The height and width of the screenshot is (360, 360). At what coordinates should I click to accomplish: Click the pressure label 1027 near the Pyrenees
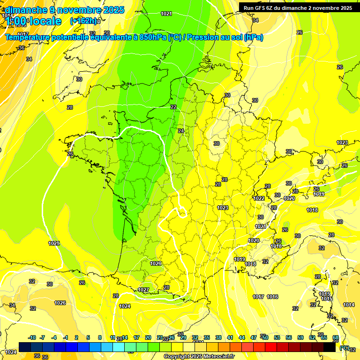tap(143, 290)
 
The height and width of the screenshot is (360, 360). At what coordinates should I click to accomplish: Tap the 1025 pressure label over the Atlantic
tap(54, 243)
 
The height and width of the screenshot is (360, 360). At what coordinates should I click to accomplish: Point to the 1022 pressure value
tap(259, 198)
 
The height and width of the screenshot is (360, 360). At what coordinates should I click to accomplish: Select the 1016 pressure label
tap(272, 297)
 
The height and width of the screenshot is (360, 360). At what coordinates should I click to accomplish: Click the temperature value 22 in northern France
tap(173, 107)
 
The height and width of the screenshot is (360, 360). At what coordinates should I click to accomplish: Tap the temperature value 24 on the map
tap(181, 131)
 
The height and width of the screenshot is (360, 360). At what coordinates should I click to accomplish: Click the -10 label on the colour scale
tap(32, 337)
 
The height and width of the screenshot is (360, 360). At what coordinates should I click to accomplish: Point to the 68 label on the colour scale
tap(336, 337)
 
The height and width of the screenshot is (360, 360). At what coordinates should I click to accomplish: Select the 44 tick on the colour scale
tap(242, 337)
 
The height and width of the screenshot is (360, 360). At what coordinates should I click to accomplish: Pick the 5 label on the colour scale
tap(89, 337)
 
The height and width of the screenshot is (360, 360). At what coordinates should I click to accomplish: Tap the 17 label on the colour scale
tap(136, 337)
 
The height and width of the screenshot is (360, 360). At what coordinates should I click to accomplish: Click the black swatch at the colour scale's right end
tap(330, 347)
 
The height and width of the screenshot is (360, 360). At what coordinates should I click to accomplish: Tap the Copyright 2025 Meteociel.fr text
tap(199, 357)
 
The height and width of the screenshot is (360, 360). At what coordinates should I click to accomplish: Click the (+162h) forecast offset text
tap(83, 21)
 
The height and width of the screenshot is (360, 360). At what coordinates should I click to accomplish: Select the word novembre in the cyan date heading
tap(76, 10)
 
